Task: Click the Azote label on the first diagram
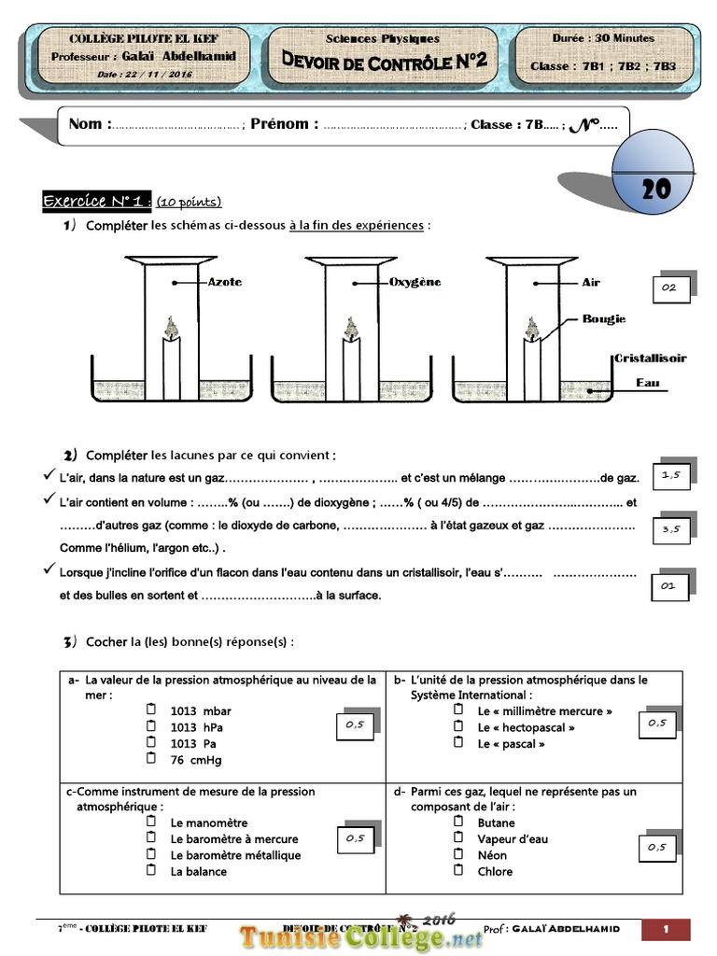click(224, 281)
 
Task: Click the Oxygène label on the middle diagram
click(414, 281)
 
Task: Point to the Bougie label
click(604, 319)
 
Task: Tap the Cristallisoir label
click(650, 358)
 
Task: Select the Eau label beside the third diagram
click(648, 383)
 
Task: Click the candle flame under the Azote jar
click(170, 326)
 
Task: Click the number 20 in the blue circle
click(656, 189)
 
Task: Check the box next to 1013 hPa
click(151, 726)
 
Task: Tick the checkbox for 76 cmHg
click(151, 759)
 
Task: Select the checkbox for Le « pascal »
click(458, 742)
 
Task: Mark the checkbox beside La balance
click(151, 870)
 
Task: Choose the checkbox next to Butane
click(458, 822)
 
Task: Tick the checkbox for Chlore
click(458, 870)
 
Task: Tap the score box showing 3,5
click(670, 528)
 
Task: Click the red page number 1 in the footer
click(667, 929)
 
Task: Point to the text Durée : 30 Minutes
click(603, 38)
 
